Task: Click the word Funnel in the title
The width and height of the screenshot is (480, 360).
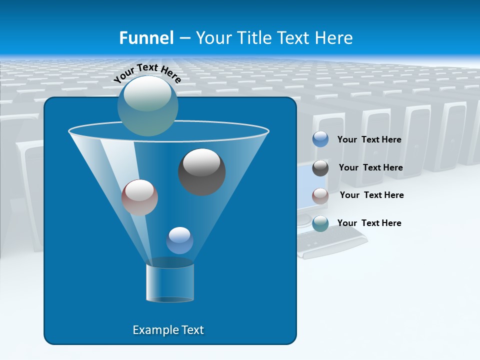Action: point(146,37)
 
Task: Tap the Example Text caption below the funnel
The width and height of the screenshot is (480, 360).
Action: point(168,330)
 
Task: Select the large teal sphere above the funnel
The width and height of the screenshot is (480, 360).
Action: point(147,105)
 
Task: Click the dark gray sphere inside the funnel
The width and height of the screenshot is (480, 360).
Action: point(201,171)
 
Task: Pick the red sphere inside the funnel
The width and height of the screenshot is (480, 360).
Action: point(139,197)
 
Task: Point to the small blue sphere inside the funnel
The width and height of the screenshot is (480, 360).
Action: point(179,240)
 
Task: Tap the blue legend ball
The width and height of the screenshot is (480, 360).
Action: point(320,139)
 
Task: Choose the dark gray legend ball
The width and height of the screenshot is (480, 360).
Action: point(320,168)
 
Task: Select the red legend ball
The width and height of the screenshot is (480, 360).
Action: point(320,196)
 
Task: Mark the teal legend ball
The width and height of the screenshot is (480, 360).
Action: point(320,223)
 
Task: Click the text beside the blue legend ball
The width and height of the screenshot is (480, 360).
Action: point(369,139)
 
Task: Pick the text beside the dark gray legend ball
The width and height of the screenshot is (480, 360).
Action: point(370,167)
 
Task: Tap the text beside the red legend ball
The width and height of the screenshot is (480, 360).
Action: point(371,195)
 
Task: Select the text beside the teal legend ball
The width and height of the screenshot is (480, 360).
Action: point(369,223)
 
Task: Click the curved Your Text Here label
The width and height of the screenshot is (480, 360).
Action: point(147,72)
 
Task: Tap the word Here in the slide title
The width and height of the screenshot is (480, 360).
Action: point(334,37)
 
